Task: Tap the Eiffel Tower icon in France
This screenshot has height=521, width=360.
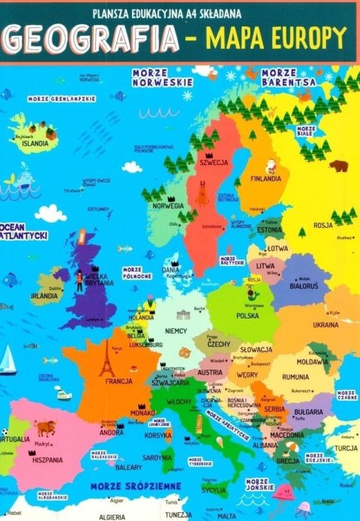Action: click(x=108, y=361)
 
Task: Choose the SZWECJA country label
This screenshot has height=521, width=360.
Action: click(x=214, y=162)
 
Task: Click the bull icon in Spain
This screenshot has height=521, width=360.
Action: click(x=46, y=428)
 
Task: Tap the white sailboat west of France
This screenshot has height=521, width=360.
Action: click(x=7, y=360)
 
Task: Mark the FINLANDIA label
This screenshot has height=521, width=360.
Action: click(x=266, y=178)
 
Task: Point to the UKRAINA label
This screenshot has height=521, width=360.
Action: click(x=325, y=325)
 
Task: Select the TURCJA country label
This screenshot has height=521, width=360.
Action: click(x=346, y=448)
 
